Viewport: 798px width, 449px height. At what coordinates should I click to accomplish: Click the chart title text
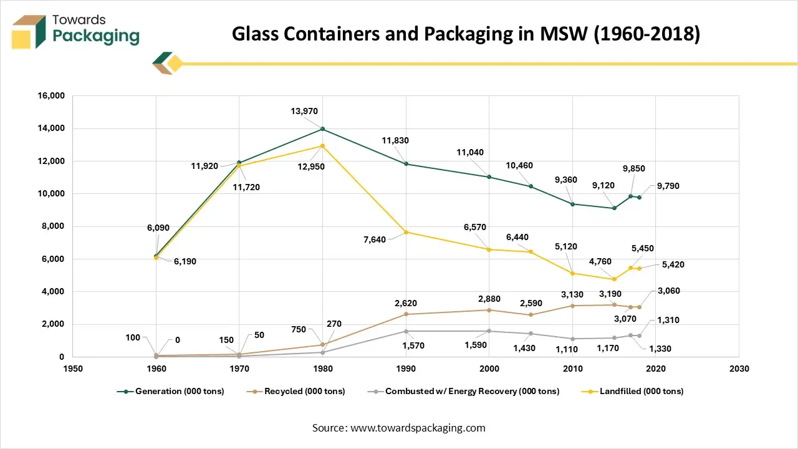pos(466,34)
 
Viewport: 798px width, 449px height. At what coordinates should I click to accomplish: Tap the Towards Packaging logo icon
pos(29,31)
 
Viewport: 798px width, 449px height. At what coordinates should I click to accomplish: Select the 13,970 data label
pos(304,112)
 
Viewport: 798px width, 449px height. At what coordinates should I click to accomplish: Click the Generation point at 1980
pos(322,129)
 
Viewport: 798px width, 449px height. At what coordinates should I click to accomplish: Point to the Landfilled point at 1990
pos(406,232)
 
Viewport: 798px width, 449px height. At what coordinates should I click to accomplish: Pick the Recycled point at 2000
pos(489,310)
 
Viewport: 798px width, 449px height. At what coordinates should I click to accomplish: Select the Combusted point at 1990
pos(406,331)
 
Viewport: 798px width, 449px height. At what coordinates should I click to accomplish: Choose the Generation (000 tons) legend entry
pos(170,392)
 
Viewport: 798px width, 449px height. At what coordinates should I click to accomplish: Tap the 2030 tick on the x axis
pos(739,369)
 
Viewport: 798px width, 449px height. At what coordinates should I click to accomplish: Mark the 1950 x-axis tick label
pos(73,369)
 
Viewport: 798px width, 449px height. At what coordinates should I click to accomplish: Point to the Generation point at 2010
pos(572,204)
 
